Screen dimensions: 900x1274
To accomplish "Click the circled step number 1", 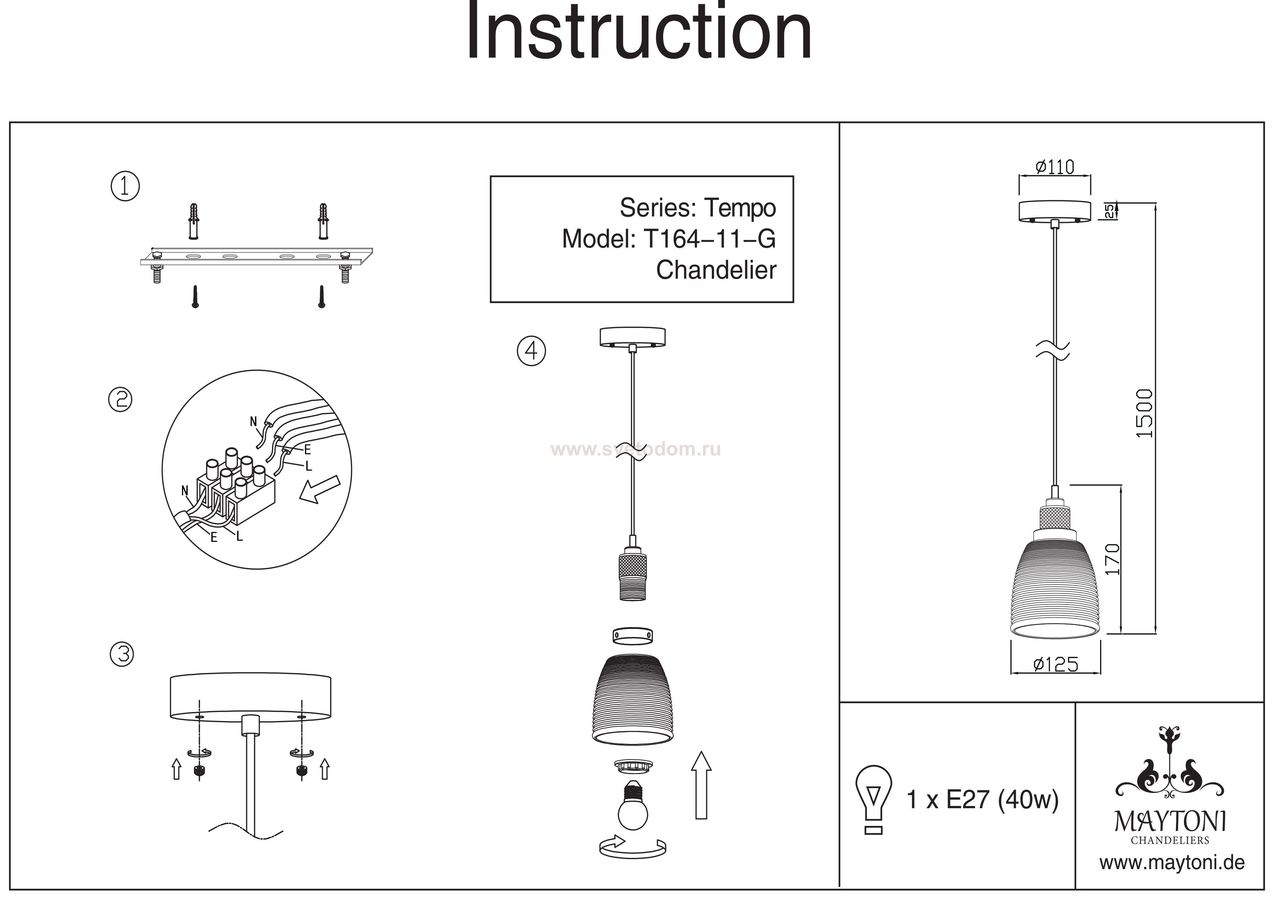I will coord(125,186).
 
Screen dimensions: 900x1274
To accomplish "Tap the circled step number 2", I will coord(121,400).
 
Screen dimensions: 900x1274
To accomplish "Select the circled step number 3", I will coord(122,654).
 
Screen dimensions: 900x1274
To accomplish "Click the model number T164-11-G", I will coord(709,239).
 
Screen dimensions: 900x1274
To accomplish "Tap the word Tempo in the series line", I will coord(740,208).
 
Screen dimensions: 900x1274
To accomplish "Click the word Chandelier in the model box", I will coord(716,270).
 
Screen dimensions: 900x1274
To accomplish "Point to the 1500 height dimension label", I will coord(1144,413).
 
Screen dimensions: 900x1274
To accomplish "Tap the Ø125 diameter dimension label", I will coord(1056,664).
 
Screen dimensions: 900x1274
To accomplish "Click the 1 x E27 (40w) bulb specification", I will coord(982,799).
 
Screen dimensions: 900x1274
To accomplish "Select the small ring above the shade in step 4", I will coord(633,636).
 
